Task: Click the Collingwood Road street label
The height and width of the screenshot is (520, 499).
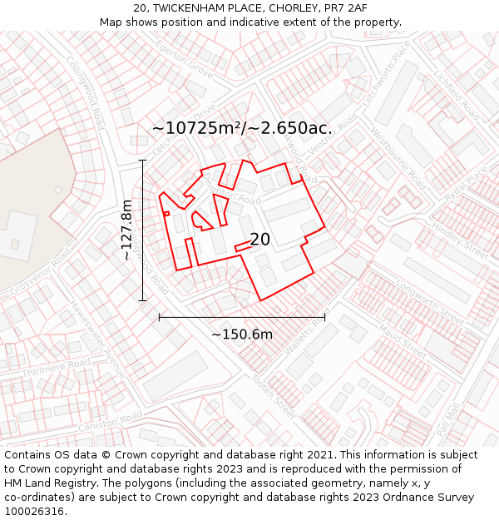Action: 86,92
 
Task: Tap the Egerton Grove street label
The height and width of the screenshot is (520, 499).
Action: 183,57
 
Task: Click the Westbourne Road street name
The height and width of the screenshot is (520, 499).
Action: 391,152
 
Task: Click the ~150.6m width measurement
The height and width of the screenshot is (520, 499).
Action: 241,334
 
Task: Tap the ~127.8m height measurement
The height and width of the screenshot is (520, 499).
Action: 126,230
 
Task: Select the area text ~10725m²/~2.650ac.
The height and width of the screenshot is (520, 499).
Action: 242,128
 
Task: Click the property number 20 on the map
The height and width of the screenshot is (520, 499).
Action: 259,240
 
